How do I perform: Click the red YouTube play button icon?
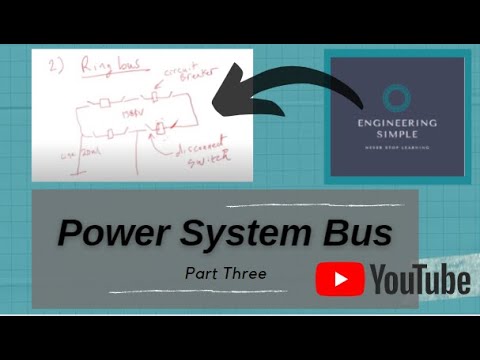[x=339, y=280]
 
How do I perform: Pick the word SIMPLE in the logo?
[x=396, y=139]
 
